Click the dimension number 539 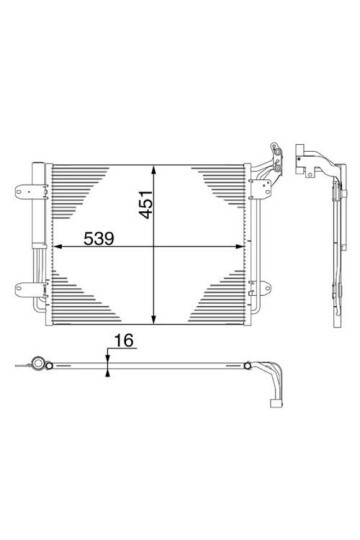click(83, 240)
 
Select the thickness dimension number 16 click(123, 342)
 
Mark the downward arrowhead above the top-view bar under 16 click(107, 359)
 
